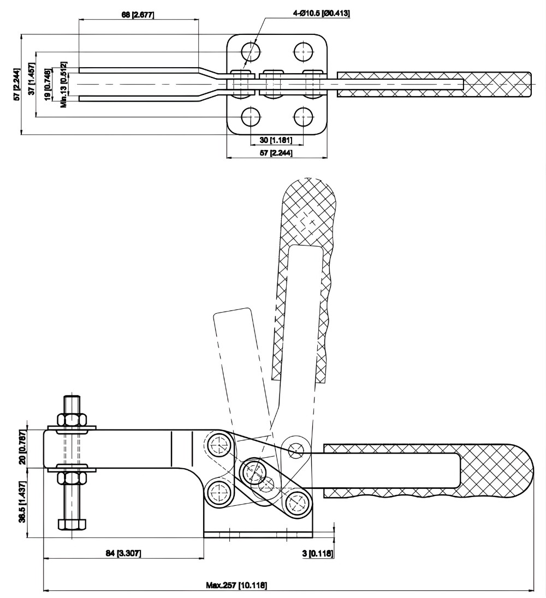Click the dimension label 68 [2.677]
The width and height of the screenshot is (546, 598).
(138, 14)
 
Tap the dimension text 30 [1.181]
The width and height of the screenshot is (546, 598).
(277, 140)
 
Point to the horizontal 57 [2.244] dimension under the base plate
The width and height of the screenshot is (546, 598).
(276, 153)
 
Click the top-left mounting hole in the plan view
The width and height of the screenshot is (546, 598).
(251, 52)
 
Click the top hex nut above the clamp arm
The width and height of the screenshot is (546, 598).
(72, 420)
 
